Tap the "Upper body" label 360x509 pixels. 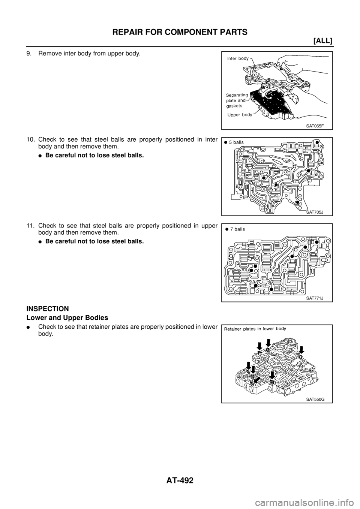240,115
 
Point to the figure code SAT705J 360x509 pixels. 314,212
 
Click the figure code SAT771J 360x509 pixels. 314,298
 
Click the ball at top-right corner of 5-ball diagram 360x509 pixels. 317,143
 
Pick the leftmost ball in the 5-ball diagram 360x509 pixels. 264,178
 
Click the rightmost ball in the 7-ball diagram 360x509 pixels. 317,242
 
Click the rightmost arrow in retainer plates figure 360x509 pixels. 301,349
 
